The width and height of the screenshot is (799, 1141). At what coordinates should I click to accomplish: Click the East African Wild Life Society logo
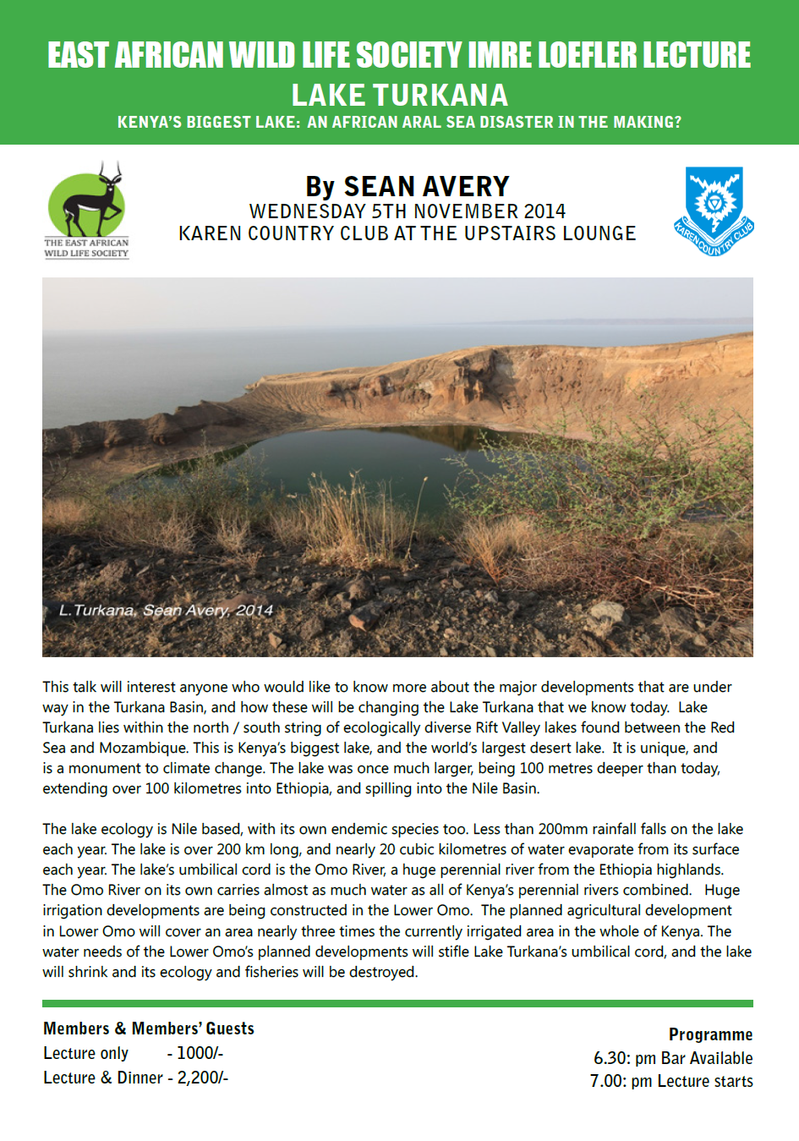(86, 209)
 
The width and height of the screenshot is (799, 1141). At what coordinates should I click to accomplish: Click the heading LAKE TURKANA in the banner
(399, 95)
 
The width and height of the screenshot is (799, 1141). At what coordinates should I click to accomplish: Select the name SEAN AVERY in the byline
(426, 186)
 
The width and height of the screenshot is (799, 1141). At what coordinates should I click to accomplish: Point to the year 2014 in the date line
(545, 211)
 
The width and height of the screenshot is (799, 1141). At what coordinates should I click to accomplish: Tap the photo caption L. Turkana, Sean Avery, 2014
(166, 610)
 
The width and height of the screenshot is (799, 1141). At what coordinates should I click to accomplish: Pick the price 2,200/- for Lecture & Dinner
(203, 1078)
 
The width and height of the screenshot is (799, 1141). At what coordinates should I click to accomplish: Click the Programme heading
(710, 1034)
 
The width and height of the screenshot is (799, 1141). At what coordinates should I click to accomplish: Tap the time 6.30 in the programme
(610, 1058)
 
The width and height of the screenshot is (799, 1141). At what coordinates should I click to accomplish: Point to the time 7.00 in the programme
(607, 1081)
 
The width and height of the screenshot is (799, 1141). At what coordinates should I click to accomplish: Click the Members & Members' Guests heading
(149, 1029)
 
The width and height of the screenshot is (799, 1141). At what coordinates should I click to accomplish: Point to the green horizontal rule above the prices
(397, 1004)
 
